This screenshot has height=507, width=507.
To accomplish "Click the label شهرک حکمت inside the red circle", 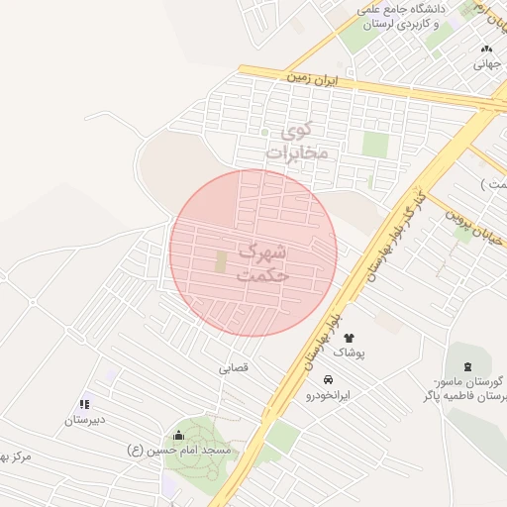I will (262, 262).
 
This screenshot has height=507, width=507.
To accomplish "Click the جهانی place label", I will (486, 64).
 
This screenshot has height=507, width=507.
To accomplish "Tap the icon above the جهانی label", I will (485, 49).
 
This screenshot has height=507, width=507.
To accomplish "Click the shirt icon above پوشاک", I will (349, 338).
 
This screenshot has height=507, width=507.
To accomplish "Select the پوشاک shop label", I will (349, 353).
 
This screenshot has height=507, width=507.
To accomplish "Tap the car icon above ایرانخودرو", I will (328, 379).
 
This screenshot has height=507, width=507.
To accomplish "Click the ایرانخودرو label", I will (328, 395).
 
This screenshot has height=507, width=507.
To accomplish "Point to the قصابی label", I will (235, 367).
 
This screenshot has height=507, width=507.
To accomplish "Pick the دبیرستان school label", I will (85, 420).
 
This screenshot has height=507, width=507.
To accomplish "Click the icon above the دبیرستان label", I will (84, 404).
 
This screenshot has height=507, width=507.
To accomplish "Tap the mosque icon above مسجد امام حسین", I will (178, 435).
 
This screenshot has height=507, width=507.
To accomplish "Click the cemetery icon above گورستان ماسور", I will (467, 367).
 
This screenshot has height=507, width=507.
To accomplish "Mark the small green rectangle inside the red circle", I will (221, 261).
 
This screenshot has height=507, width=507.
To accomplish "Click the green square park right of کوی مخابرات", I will (375, 145).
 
